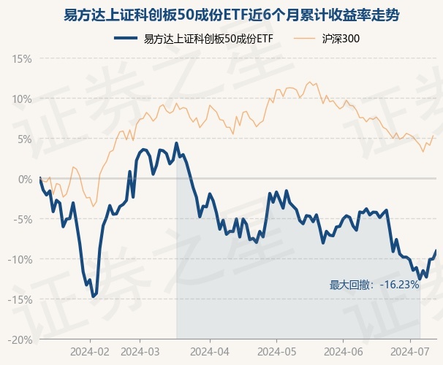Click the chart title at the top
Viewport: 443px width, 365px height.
click(221, 15)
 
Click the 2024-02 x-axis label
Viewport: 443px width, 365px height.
click(90, 351)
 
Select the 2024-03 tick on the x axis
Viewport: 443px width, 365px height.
click(150, 351)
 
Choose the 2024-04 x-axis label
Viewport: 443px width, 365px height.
click(210, 351)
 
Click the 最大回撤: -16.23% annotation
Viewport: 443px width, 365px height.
click(374, 285)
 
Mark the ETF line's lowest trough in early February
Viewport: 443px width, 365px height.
click(93, 296)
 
